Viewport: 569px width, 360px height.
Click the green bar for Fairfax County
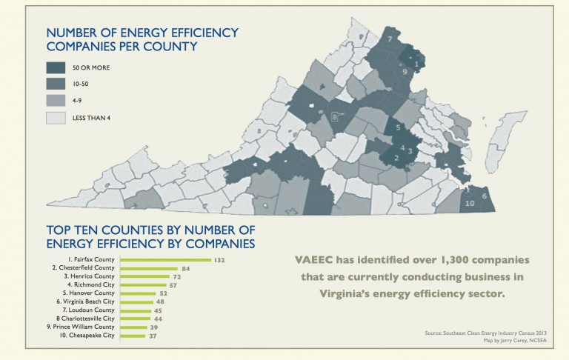tap(165, 260)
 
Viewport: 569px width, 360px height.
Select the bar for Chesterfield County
tap(148, 268)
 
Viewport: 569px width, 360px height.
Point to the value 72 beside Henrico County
tap(177, 276)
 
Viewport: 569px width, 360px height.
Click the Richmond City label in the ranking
tap(94, 284)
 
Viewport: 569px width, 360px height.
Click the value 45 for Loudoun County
tap(157, 310)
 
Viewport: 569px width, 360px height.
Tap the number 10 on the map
tap(470, 203)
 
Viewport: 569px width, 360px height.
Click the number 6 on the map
tap(485, 196)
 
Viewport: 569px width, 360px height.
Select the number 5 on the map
tap(398, 127)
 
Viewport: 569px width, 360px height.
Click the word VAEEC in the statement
tap(314, 261)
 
